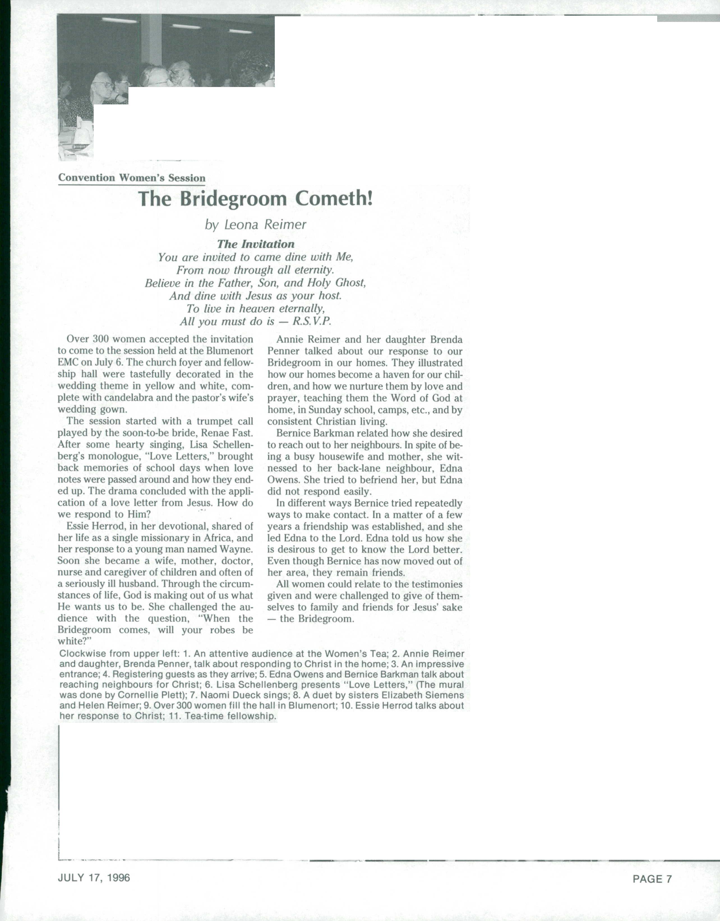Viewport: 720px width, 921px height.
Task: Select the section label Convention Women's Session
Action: [131, 178]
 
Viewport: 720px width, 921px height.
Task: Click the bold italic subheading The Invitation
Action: [255, 244]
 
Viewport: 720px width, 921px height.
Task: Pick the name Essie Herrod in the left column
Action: [94, 526]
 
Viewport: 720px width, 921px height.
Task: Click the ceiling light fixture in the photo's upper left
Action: [120, 20]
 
